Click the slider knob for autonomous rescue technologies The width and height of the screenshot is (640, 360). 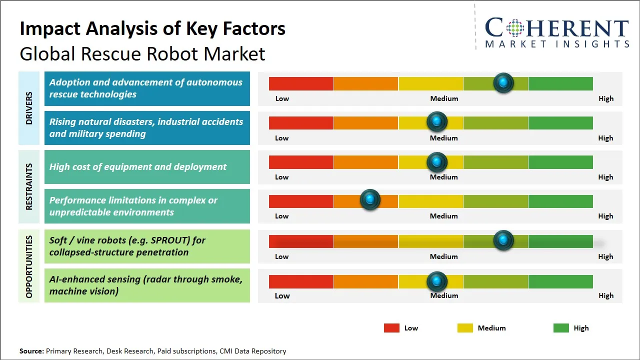[503, 83]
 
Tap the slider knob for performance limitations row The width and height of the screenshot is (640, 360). [370, 200]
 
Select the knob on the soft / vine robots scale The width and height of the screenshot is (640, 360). [503, 240]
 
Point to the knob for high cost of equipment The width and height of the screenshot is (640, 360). [437, 162]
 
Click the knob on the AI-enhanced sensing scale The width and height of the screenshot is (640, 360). [437, 281]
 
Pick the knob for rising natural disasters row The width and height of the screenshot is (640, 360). [437, 121]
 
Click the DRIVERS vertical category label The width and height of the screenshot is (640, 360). [29, 108]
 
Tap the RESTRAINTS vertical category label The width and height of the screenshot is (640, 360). [29, 186]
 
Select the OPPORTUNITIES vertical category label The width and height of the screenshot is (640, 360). [29, 266]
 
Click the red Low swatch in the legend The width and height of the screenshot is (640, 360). [391, 328]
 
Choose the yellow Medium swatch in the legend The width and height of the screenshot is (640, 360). [465, 328]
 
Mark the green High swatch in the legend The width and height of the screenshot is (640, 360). [561, 328]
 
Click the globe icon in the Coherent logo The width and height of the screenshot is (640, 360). [515, 27]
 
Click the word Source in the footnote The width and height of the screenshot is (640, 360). [31, 351]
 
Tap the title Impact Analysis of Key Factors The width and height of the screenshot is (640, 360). [152, 28]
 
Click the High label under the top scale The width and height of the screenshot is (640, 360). [605, 98]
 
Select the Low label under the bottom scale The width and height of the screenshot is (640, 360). [282, 295]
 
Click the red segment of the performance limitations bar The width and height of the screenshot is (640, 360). [301, 201]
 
